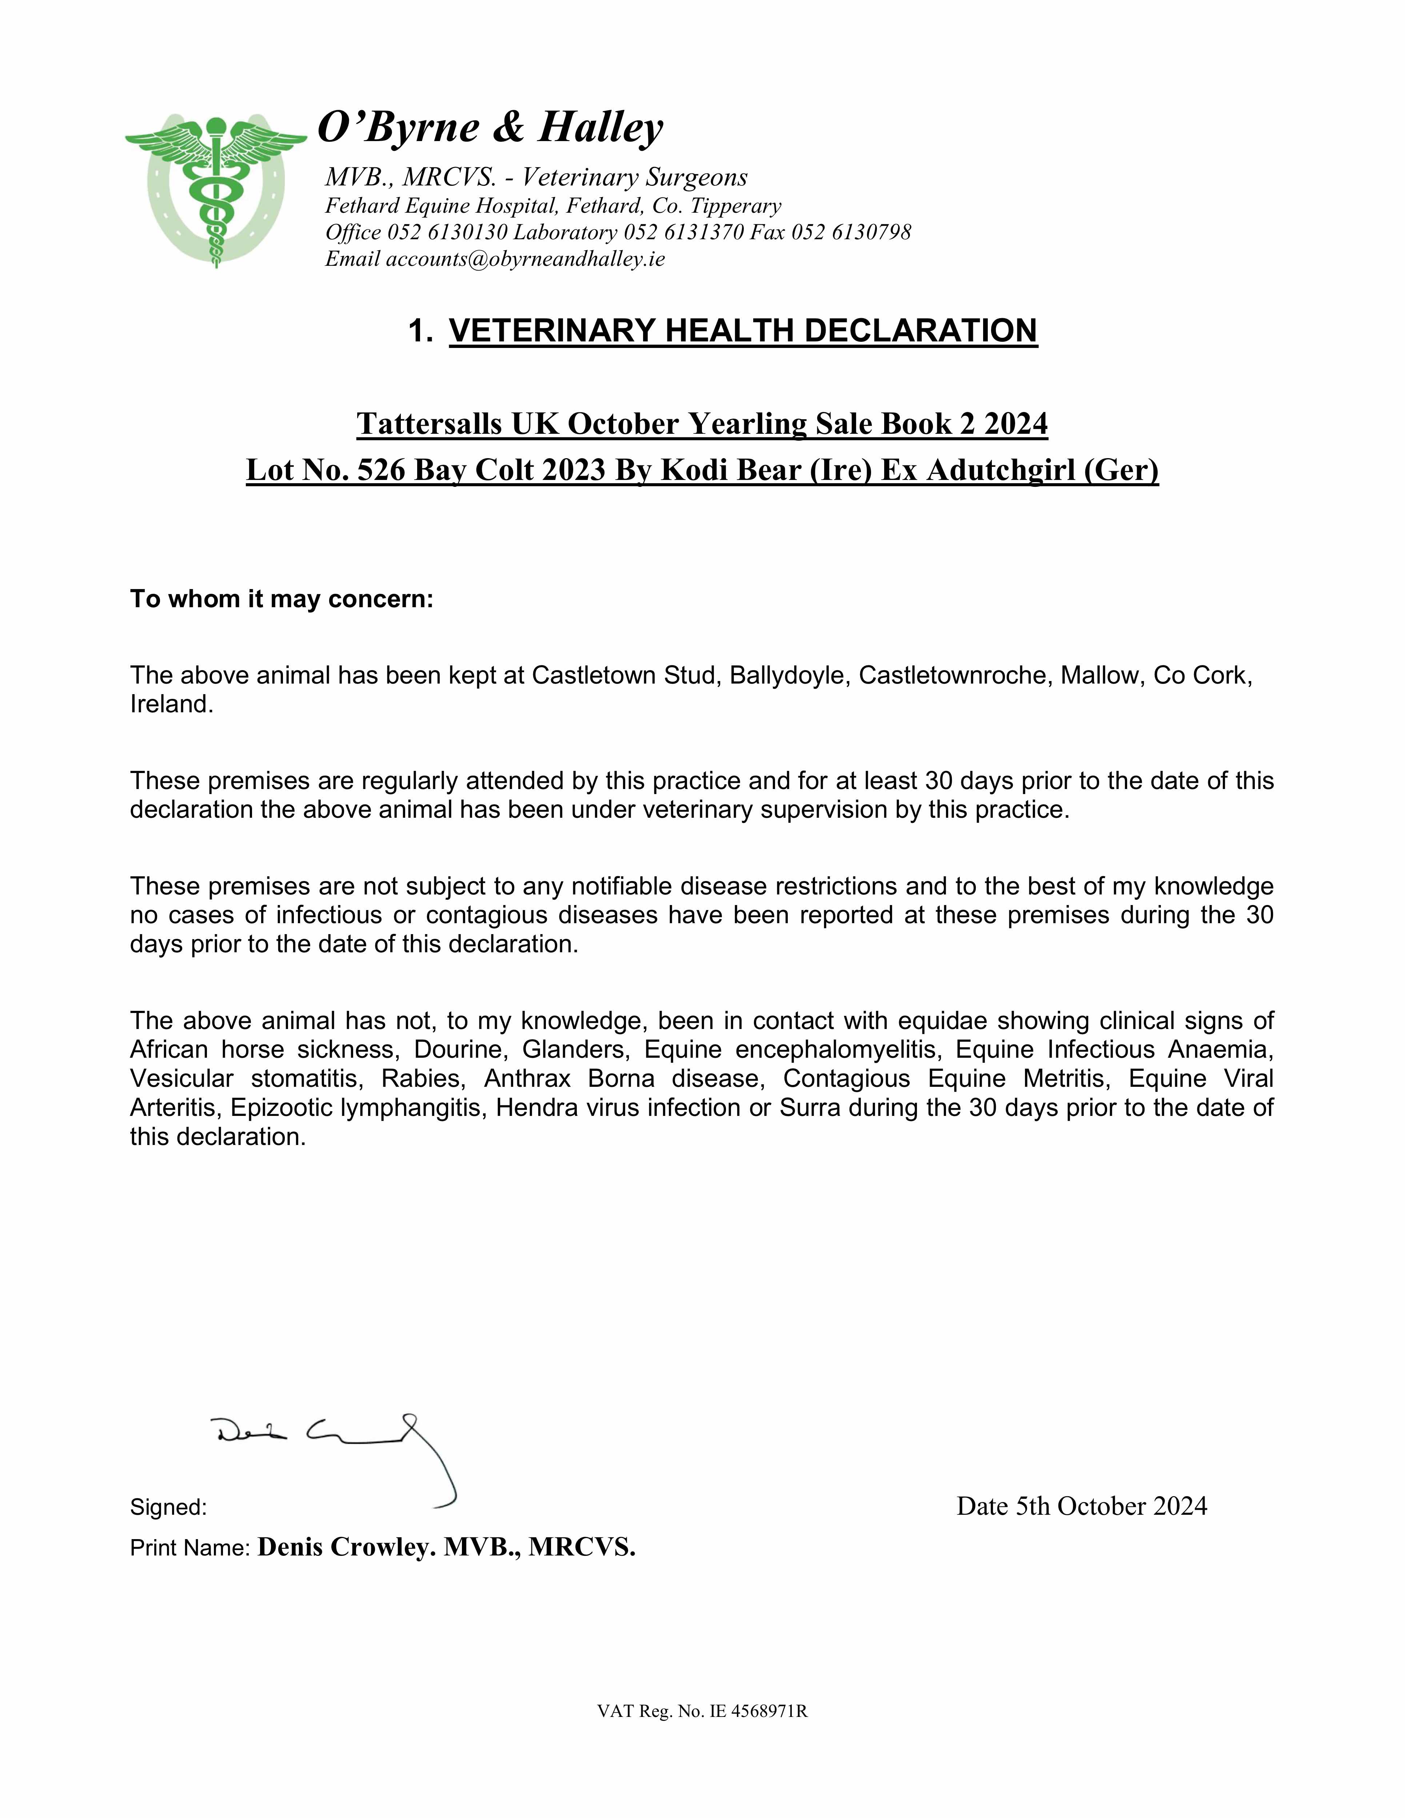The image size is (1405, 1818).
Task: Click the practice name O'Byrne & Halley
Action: tap(491, 127)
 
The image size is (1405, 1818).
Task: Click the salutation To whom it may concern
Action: tap(282, 599)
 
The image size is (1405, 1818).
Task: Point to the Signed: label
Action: tap(168, 1507)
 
